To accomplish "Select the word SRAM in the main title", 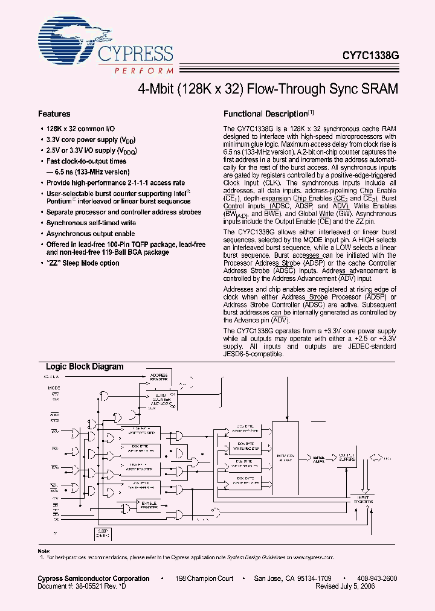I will click(379, 88).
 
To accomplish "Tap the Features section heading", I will click(54, 114).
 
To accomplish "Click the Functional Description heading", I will click(266, 114).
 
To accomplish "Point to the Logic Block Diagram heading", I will click(85, 366).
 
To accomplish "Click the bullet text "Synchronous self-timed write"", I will click(91, 223).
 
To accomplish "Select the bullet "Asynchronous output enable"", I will click(91, 233).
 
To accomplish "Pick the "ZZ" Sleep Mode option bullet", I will click(83, 263).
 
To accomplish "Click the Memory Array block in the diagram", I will click(285, 456).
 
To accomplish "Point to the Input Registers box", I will click(364, 499).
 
